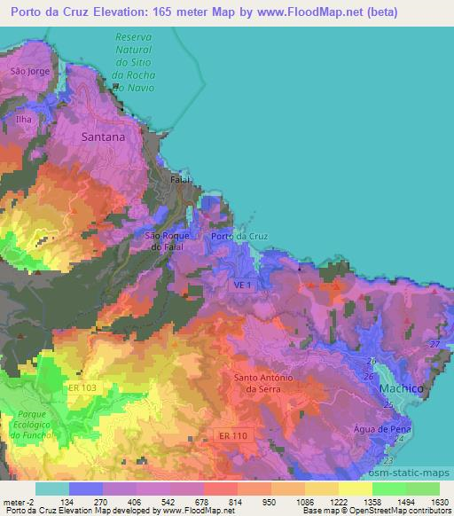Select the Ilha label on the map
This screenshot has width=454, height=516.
pyautogui.click(x=24, y=118)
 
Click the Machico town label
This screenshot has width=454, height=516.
pyautogui.click(x=400, y=388)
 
